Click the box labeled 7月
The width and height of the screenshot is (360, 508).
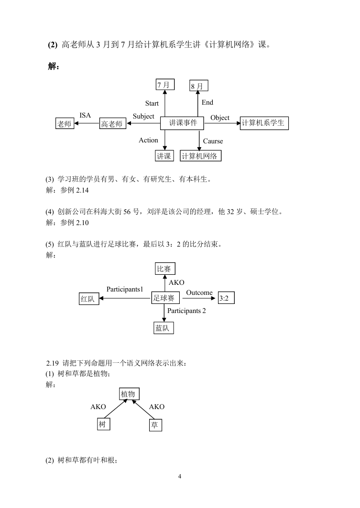click(165, 85)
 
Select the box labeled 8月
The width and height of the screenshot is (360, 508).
click(198, 86)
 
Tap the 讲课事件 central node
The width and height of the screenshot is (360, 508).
click(182, 123)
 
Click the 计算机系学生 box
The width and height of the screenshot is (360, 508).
click(264, 123)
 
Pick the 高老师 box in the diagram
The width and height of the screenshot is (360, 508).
click(112, 123)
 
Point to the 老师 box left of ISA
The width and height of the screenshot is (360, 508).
click(65, 123)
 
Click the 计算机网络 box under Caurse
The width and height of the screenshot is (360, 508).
click(201, 156)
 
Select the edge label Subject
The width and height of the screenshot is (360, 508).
click(143, 116)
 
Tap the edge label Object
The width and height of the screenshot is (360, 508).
click(220, 118)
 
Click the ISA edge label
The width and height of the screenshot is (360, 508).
click(85, 115)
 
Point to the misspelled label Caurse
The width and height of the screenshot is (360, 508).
click(213, 141)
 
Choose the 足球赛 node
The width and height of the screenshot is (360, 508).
click(165, 298)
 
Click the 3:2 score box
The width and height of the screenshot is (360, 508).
click(226, 298)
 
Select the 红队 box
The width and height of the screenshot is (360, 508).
click(89, 299)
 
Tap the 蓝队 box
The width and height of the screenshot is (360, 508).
click(164, 328)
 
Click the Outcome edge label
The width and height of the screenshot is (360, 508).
click(199, 292)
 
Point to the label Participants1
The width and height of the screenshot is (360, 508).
click(125, 289)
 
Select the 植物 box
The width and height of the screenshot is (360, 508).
click(129, 394)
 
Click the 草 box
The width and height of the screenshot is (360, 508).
click(155, 425)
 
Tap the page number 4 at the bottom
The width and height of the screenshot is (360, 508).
click(180, 476)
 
